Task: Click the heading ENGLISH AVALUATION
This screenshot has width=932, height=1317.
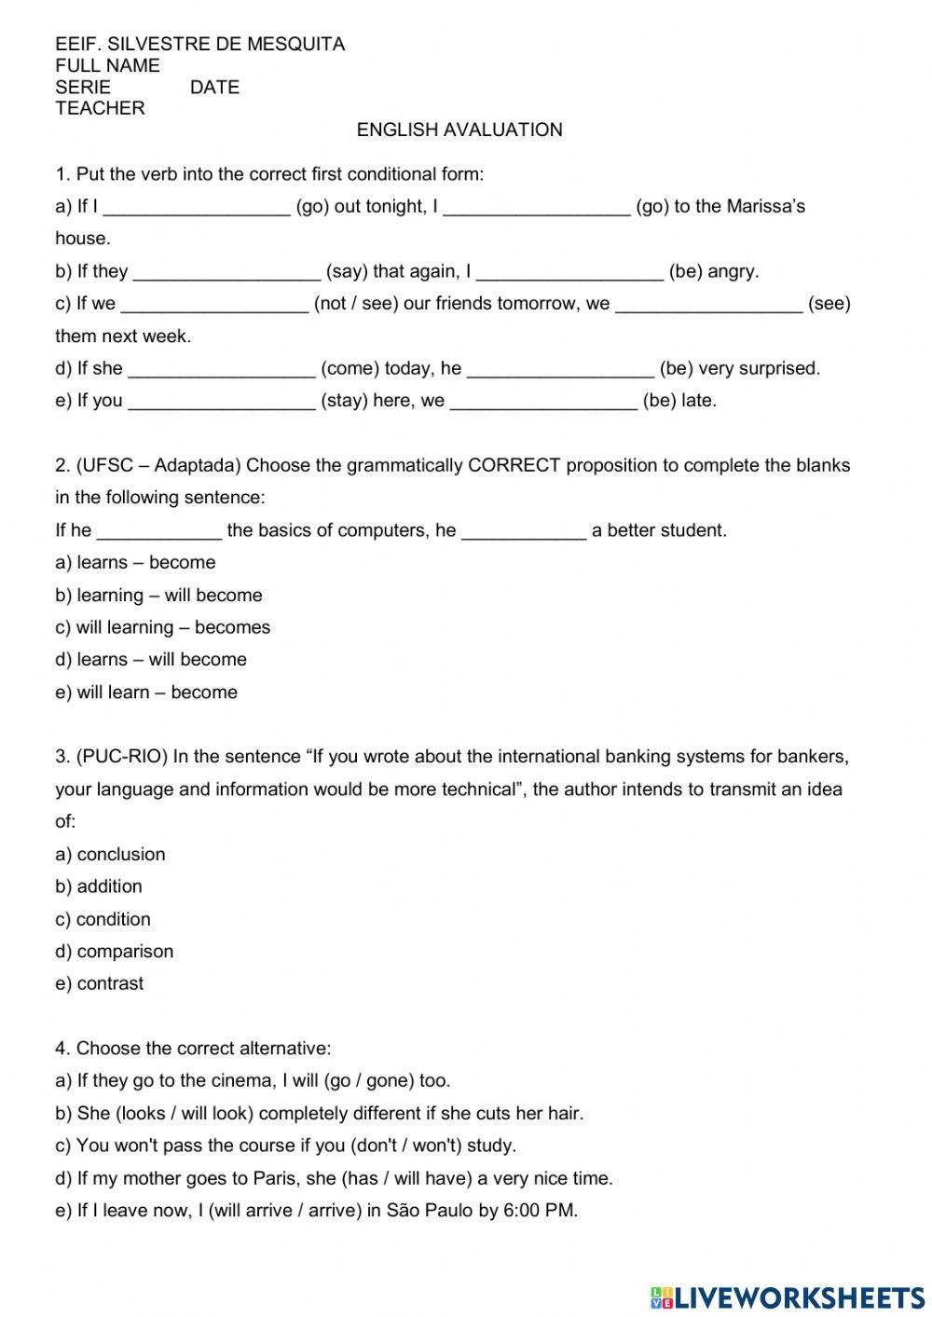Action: click(x=459, y=130)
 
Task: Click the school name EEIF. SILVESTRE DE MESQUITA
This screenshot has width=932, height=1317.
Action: click(x=199, y=44)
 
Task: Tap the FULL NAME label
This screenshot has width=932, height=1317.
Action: click(x=107, y=65)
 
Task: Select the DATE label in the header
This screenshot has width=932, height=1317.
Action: click(x=214, y=87)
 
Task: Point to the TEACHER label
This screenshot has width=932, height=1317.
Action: click(x=100, y=108)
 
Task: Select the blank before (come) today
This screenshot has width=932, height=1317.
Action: click(x=222, y=371)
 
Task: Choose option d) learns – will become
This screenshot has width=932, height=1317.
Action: click(x=151, y=660)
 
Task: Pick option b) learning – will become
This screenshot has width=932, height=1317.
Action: click(x=158, y=596)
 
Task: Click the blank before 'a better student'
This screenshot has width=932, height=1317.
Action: click(x=524, y=533)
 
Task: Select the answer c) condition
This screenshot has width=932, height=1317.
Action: click(x=103, y=919)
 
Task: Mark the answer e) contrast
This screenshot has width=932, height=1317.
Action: click(x=100, y=983)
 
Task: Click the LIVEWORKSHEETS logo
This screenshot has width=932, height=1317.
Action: click(x=788, y=1297)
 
